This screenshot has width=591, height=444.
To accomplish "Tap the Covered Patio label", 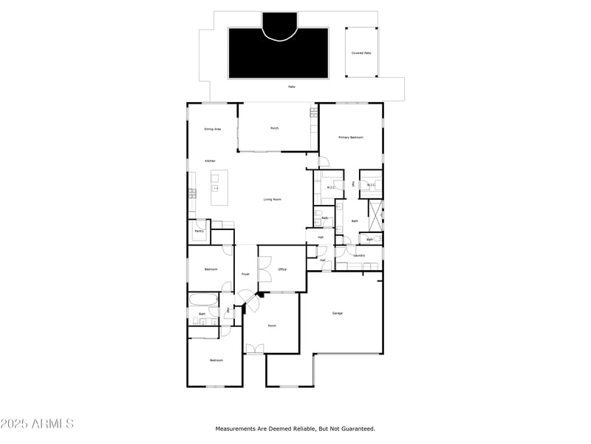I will coord(361,53).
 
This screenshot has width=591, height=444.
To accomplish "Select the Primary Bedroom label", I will coord(351,137).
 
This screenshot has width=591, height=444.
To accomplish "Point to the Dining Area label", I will coord(213,129).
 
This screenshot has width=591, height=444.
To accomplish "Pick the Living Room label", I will coord(273,199).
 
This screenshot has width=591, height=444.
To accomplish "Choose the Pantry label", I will coord(199,231).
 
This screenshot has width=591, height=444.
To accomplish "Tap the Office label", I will coord(282,269).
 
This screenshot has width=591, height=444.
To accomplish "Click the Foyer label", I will coord(245,275).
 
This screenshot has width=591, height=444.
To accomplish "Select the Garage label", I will coord(337,313).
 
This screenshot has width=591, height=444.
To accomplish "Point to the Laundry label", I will coord(359,255).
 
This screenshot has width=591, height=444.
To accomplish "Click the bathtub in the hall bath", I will coord(202,300).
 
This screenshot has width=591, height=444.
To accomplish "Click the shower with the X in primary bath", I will coord(375,213).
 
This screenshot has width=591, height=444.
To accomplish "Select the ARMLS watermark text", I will coord(37,424).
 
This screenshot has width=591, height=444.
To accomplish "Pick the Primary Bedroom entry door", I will coord(324,162).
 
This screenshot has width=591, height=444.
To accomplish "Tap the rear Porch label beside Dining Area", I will coord(274,129).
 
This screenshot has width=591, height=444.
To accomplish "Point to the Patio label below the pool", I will coord(292,87).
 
